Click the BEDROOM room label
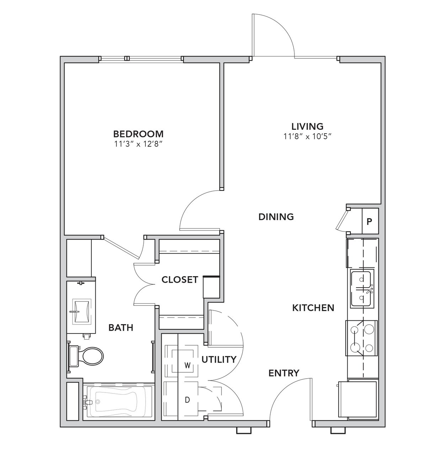[x=138, y=134]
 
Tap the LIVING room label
[x=307, y=126]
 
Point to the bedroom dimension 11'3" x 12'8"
[x=140, y=144]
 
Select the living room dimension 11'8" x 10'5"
[x=307, y=137]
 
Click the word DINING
[x=276, y=217]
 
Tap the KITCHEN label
[x=313, y=308]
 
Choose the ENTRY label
[x=284, y=373]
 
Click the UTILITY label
[x=219, y=359]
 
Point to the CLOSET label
[x=180, y=279]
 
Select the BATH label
[x=121, y=328]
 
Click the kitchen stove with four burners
[x=362, y=338]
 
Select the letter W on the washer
[x=188, y=365]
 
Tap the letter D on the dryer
[x=188, y=399]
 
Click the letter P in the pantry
[x=369, y=222]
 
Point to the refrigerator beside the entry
[x=358, y=399]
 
